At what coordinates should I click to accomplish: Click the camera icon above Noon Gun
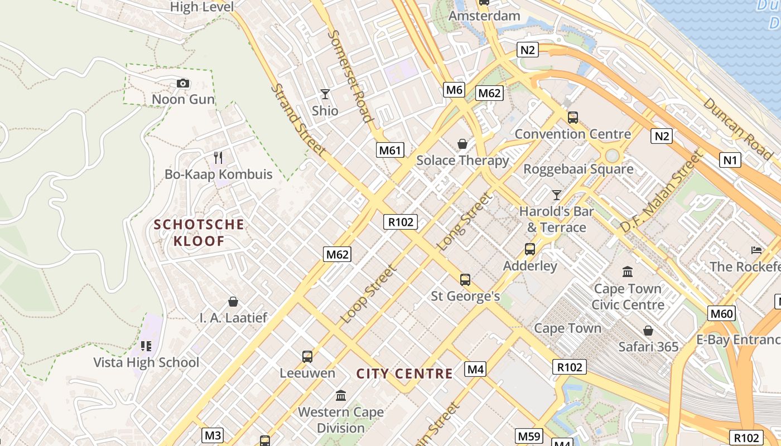[x=182, y=84]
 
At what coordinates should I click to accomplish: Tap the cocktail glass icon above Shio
[x=325, y=94]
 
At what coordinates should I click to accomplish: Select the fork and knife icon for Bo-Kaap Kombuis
[x=218, y=158]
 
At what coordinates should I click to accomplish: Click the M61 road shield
[x=390, y=150]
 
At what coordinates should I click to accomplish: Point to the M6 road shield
[x=454, y=90]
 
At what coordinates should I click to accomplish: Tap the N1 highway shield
[x=730, y=161]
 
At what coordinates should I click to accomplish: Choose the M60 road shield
[x=721, y=313]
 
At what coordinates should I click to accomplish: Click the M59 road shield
[x=528, y=436]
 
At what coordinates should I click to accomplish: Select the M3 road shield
[x=213, y=435]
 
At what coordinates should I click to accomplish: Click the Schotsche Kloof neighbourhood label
[x=199, y=233]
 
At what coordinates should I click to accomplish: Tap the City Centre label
[x=404, y=374]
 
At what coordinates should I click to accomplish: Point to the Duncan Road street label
[x=737, y=128]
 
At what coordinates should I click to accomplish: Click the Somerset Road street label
[x=350, y=76]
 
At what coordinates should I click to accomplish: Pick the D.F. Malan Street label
[x=660, y=192]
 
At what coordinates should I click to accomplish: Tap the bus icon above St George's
[x=465, y=279]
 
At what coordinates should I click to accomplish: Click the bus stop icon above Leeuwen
[x=307, y=356]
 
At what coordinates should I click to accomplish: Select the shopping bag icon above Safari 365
[x=648, y=331]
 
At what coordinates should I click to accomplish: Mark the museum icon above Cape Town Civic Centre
[x=628, y=272]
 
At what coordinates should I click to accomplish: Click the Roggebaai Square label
[x=578, y=169]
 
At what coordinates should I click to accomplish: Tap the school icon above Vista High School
[x=146, y=346]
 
